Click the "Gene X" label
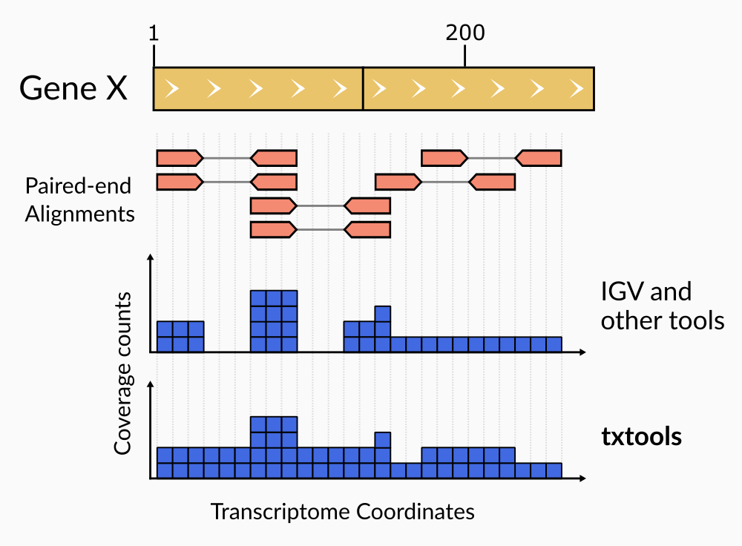coord(73,89)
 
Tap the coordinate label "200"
coord(465,33)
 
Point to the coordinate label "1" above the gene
coord(153,33)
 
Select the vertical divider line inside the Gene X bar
coord(363,89)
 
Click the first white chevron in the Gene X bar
coord(172,89)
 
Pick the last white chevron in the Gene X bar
coord(576,89)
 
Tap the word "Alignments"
coord(79,214)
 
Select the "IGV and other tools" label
coord(662,306)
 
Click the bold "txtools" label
coord(641,437)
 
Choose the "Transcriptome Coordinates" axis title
coord(342,511)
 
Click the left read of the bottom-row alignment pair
coord(273,230)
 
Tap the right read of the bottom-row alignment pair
coord(368,230)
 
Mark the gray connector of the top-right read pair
coord(490,158)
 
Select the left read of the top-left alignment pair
coord(179,158)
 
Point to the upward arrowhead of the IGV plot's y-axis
coord(151,257)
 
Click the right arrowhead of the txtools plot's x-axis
coord(586,478)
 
